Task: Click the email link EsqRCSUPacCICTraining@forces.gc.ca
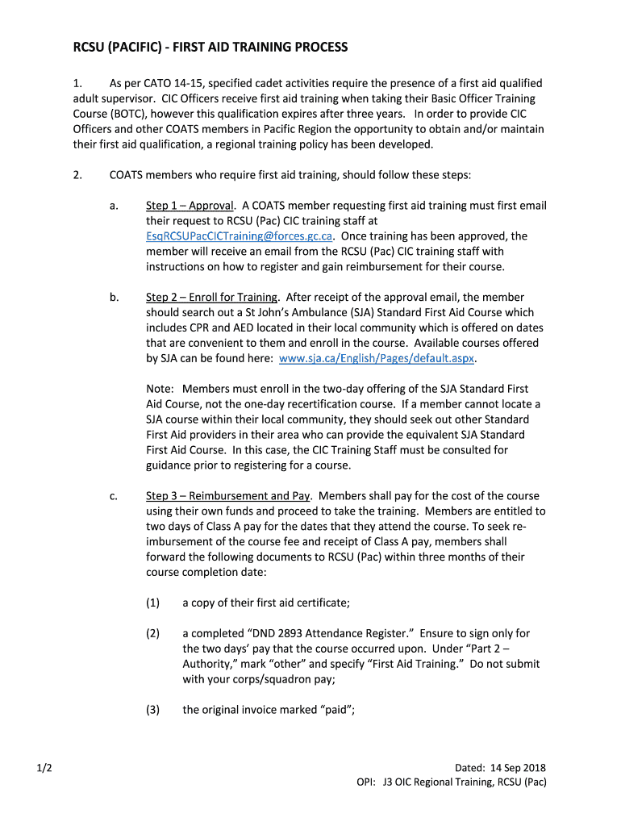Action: click(240, 236)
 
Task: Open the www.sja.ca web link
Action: click(377, 358)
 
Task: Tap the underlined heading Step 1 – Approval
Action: click(190, 206)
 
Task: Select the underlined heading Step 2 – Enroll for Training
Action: click(212, 298)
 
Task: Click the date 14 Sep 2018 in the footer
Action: click(517, 768)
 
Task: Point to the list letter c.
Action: click(114, 496)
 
